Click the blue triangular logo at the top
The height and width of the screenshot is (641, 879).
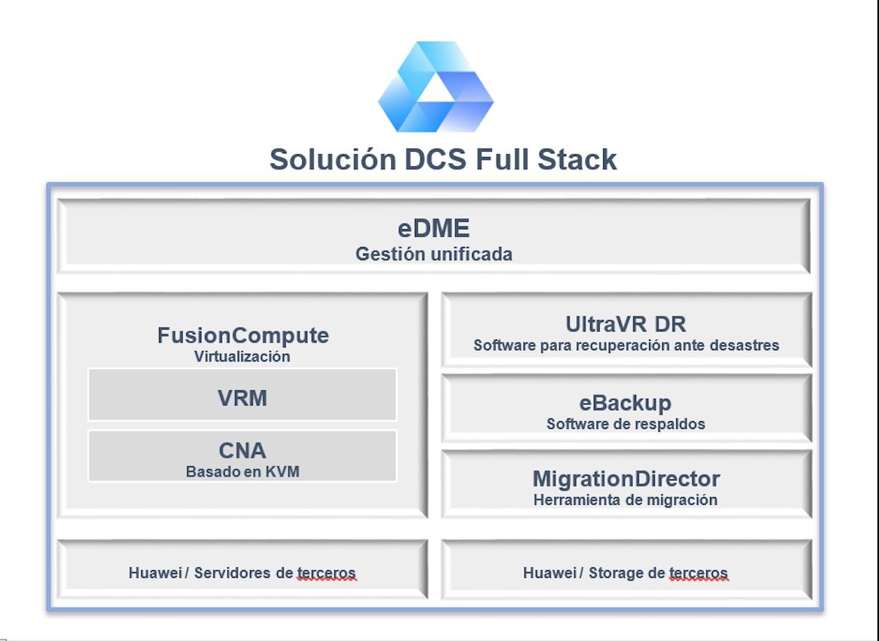[x=436, y=87]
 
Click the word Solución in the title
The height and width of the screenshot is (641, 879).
[x=333, y=159]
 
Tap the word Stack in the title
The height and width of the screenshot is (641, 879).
[x=577, y=159]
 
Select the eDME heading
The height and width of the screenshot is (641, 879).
[x=433, y=228]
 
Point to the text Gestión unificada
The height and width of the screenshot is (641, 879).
[x=433, y=254]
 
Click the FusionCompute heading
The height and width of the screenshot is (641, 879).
[x=243, y=335]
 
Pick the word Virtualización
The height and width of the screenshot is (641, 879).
[x=242, y=357]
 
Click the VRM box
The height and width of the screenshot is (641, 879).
[x=243, y=395]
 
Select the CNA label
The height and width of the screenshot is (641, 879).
[x=243, y=450]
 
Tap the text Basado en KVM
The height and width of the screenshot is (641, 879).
[x=243, y=471]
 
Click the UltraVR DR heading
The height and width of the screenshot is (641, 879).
[x=626, y=324]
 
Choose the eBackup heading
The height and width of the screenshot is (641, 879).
[x=625, y=403]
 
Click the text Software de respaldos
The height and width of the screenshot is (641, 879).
[x=626, y=424]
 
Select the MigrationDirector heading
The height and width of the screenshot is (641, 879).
[x=626, y=478]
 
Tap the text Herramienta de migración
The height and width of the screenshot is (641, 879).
[x=625, y=500]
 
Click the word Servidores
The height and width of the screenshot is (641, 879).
[x=232, y=573]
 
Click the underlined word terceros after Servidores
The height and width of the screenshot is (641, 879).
[x=327, y=573]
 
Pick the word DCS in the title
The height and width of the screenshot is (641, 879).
[x=436, y=159]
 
